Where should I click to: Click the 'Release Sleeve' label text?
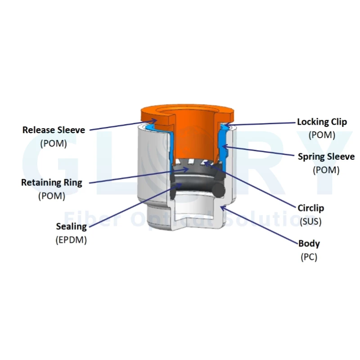coord(54,130)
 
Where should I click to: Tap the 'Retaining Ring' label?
coord(52,183)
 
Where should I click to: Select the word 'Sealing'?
coord(72,227)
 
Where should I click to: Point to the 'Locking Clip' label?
coord(322,122)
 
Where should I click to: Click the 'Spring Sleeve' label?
coord(326,157)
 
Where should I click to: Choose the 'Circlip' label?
coord(310,208)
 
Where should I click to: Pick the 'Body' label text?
coord(309,243)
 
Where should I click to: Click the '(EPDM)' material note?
coord(71,240)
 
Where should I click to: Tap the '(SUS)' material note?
coord(310,221)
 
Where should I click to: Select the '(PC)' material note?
coord(309,257)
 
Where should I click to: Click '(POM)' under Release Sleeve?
coord(54,144)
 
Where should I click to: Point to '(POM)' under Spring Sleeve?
coord(326,170)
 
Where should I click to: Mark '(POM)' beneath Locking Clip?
coord(322,135)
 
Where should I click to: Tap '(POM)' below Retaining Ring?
coord(52,196)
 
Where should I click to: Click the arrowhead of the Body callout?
coord(223,208)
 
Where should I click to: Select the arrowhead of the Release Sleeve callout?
coord(154,120)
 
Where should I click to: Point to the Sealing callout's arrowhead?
coord(179,185)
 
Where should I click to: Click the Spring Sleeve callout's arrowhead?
coord(225,146)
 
